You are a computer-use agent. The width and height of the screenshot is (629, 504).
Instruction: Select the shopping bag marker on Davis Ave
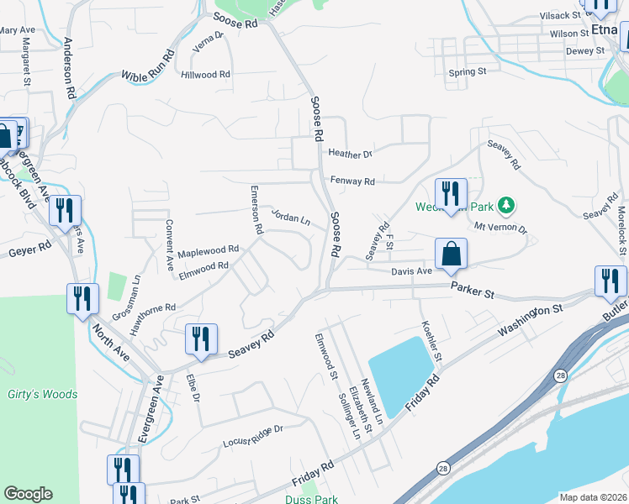coord(451,255)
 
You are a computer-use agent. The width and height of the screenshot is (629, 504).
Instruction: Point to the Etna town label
coord(604,30)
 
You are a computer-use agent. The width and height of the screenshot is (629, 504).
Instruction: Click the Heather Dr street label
coord(350,155)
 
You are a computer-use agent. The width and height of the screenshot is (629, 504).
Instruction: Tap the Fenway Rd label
coord(352,181)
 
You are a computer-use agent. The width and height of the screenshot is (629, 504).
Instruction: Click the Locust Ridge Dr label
coord(253,435)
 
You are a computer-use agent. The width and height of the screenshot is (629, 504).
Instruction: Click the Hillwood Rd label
coord(205,75)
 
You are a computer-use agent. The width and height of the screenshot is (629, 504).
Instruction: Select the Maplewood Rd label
coord(209,251)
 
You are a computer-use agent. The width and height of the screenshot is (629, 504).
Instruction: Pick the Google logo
coord(28,494)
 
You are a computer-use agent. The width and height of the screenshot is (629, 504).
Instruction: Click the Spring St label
coord(468,72)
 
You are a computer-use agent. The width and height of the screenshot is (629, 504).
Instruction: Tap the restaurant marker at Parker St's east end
coord(610,281)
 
